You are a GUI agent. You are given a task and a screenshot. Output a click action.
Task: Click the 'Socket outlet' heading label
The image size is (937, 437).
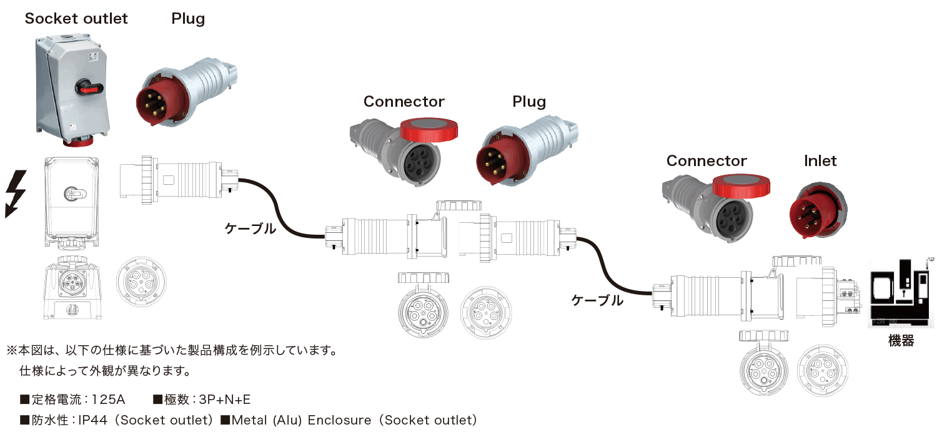click(76, 19)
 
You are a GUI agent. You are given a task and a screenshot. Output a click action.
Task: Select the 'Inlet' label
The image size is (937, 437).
click(820, 161)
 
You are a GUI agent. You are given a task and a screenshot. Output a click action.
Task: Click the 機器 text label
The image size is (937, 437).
click(901, 341)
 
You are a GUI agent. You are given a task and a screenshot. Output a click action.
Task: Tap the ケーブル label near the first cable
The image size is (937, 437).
click(250, 228)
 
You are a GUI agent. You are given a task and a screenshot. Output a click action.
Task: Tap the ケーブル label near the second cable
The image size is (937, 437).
click(597, 300)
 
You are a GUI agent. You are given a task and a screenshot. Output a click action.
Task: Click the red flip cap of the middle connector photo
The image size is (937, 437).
click(429, 130)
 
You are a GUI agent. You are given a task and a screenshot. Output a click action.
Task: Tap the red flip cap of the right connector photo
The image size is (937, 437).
click(741, 185)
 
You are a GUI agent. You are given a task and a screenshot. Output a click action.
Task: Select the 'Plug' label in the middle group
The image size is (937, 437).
click(529, 102)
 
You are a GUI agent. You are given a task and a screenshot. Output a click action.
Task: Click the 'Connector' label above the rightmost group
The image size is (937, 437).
click(706, 161)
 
